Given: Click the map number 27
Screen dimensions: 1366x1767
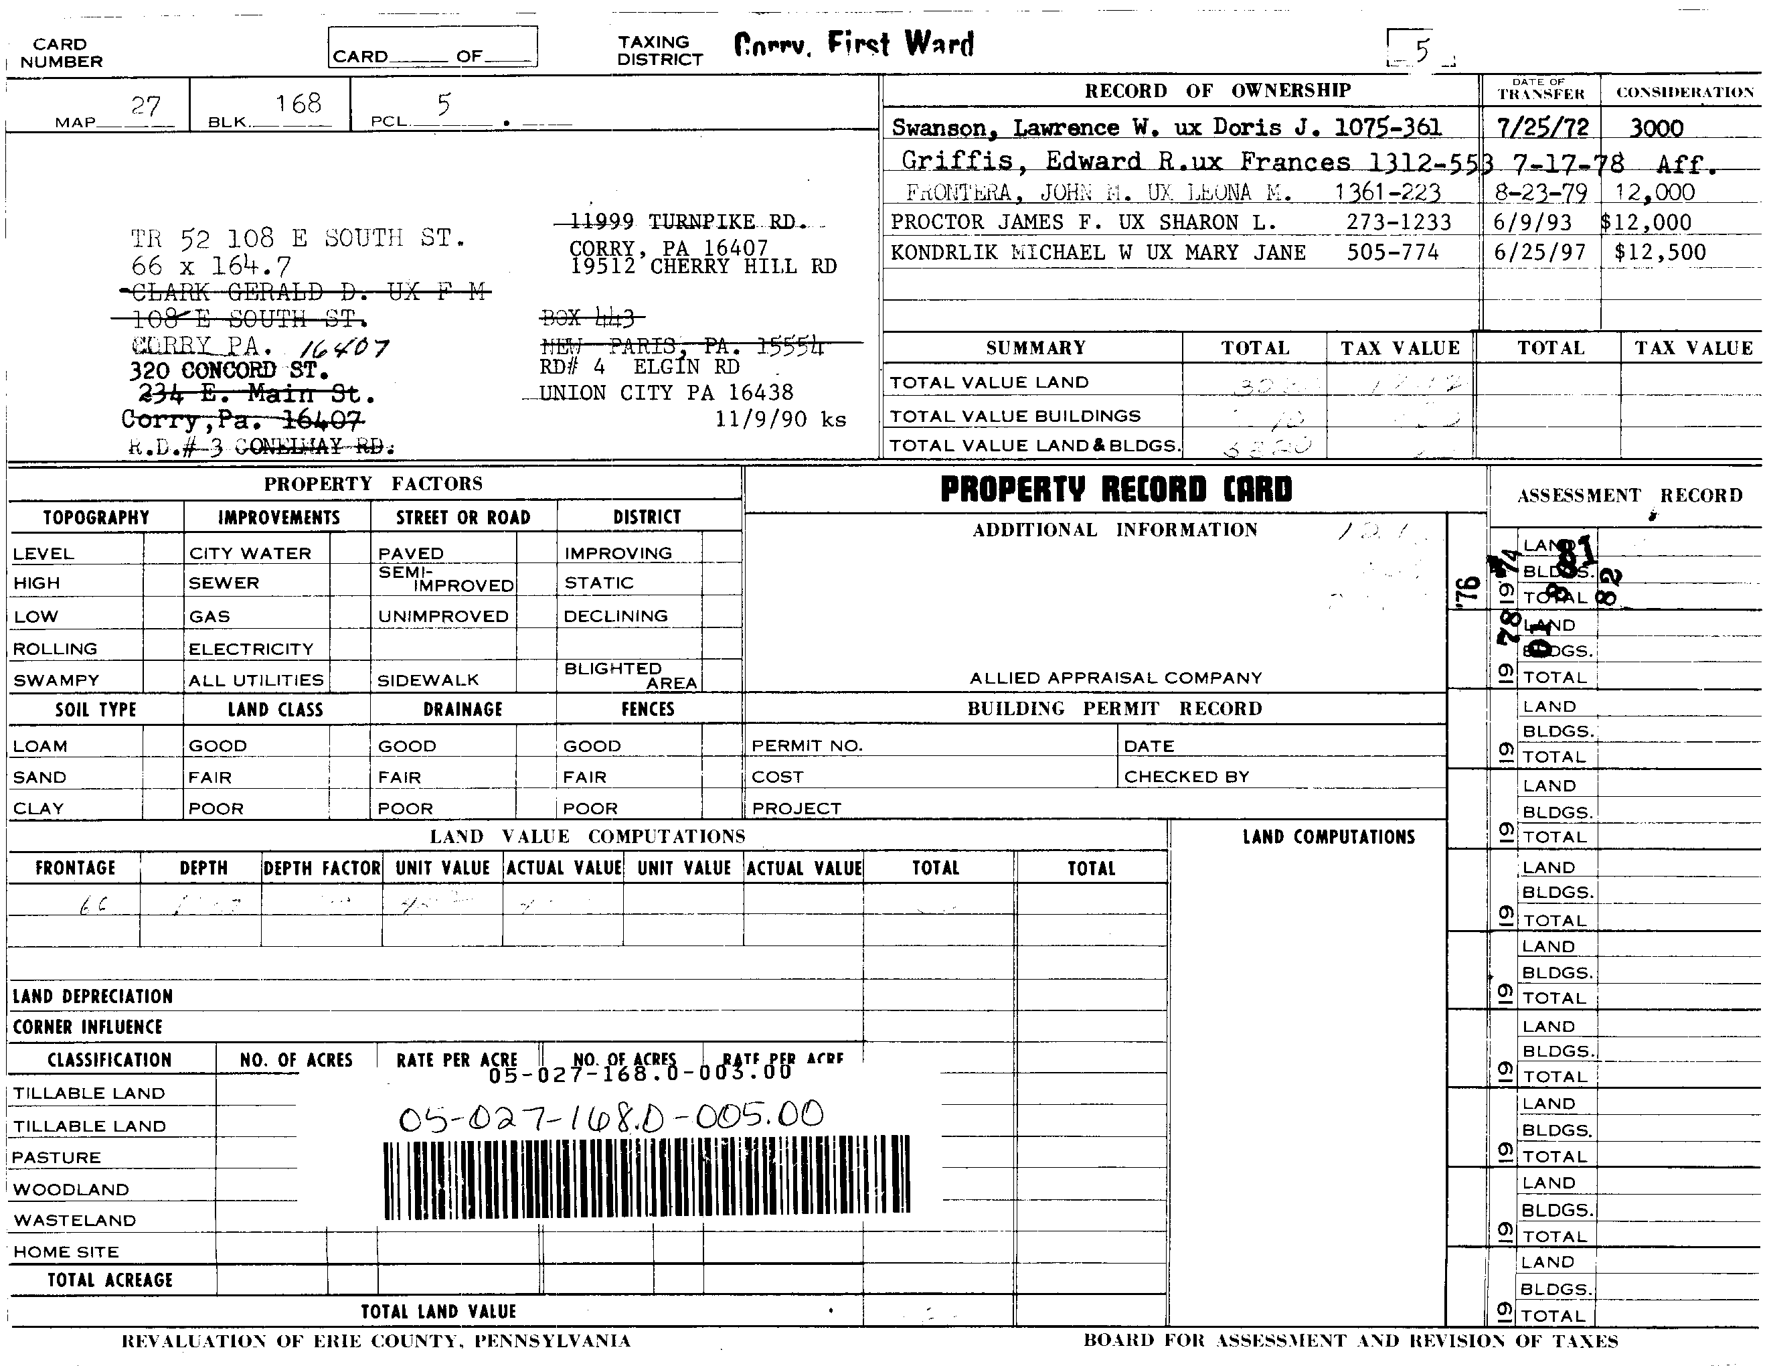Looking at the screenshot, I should point(147,106).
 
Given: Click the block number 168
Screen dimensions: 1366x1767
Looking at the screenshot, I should point(298,104).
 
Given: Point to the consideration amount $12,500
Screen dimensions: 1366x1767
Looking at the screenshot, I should point(1659,252).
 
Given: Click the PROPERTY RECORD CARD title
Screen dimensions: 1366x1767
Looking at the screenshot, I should point(1116,489).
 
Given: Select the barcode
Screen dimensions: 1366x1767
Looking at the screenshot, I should point(647,1177).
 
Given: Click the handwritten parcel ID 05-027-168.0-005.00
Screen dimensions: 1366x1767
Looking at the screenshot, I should point(611,1117).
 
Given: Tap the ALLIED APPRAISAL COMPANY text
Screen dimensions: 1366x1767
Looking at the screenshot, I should point(1116,678).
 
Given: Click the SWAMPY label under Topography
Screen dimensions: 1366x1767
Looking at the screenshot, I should point(56,680).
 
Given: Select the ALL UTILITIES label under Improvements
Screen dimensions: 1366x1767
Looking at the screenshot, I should point(256,680).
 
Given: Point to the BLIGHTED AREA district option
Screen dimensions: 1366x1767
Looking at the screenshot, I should point(629,675).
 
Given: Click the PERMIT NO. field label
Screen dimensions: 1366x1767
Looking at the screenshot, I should point(807,746).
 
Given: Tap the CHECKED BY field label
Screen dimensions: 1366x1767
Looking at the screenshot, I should point(1186,777).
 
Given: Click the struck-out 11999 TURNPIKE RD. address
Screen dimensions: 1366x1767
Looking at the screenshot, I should point(683,222).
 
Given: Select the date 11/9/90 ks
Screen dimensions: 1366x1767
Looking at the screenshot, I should point(780,419).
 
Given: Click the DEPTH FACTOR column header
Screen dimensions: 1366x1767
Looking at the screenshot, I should point(322,868).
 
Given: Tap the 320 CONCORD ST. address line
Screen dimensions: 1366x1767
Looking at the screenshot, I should point(229,371).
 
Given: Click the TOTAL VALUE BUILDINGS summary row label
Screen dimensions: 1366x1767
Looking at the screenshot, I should point(1015,416).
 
